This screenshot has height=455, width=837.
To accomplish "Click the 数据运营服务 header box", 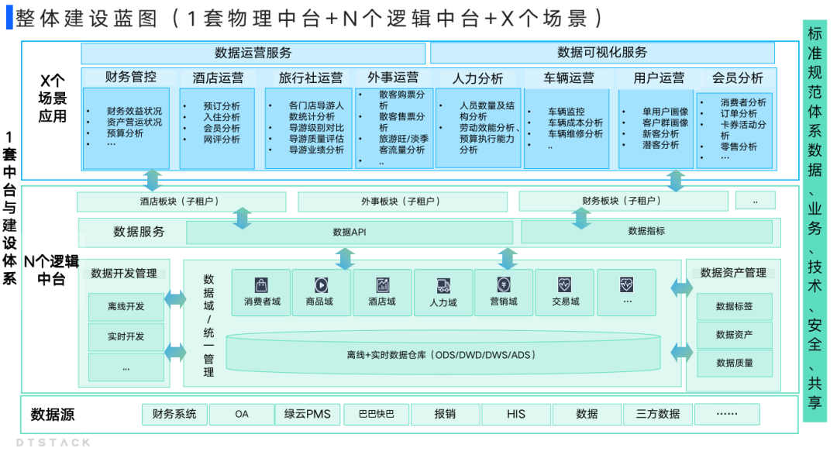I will (x=253, y=53).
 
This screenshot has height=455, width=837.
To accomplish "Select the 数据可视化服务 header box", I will (x=602, y=53).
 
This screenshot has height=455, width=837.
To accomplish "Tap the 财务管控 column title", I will (x=130, y=78).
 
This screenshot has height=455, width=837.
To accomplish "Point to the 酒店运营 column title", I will (x=218, y=78).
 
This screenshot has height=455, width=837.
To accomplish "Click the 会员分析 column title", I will (x=737, y=78).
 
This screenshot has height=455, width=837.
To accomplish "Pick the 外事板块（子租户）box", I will (x=400, y=202).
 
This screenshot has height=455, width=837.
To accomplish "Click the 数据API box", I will (x=349, y=232).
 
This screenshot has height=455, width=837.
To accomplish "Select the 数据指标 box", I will (x=646, y=231).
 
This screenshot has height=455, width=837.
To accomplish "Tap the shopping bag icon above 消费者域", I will (x=262, y=285).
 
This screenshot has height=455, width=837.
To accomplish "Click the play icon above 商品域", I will (x=322, y=285).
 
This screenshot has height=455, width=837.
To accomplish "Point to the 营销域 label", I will (x=503, y=302).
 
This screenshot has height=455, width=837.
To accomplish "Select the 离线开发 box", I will (x=126, y=307).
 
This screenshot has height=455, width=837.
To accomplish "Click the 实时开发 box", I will (x=126, y=337).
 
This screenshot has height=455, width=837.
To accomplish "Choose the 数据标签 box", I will (x=734, y=307).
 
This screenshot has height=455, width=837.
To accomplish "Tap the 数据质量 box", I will (x=734, y=363).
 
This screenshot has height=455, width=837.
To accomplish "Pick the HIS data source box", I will (x=516, y=414).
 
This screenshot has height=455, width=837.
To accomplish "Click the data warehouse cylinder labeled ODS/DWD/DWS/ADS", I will (x=441, y=356).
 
